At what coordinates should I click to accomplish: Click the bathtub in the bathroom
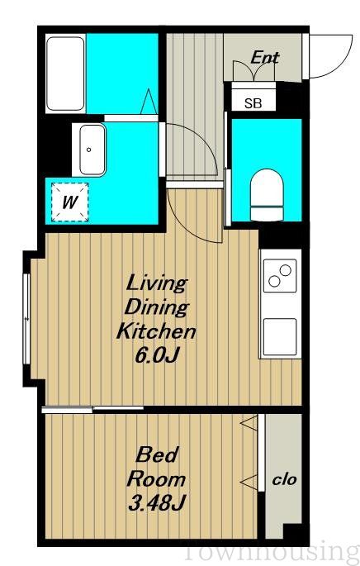click(x=66, y=74)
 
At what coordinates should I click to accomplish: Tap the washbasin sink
click(x=92, y=150)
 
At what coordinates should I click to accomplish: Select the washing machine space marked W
click(x=69, y=202)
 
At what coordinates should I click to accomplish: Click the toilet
click(x=267, y=195)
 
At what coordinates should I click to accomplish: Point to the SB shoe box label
click(x=253, y=103)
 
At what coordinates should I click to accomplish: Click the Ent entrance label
click(x=265, y=58)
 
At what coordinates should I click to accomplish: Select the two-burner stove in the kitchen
click(x=280, y=275)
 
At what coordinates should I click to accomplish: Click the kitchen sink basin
click(x=280, y=337)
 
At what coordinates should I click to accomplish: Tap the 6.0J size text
click(x=157, y=355)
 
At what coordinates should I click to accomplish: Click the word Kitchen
click(x=157, y=331)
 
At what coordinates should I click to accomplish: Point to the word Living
click(x=157, y=283)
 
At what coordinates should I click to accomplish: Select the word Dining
click(x=157, y=307)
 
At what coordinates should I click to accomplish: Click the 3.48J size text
click(x=157, y=503)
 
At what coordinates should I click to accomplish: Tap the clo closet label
click(x=285, y=480)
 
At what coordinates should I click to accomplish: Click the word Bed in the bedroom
click(x=157, y=454)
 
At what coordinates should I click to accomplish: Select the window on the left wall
click(x=26, y=319)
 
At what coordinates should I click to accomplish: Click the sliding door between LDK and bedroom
click(x=92, y=409)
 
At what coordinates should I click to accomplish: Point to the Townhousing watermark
click(x=272, y=552)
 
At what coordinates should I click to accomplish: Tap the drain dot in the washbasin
click(x=88, y=150)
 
